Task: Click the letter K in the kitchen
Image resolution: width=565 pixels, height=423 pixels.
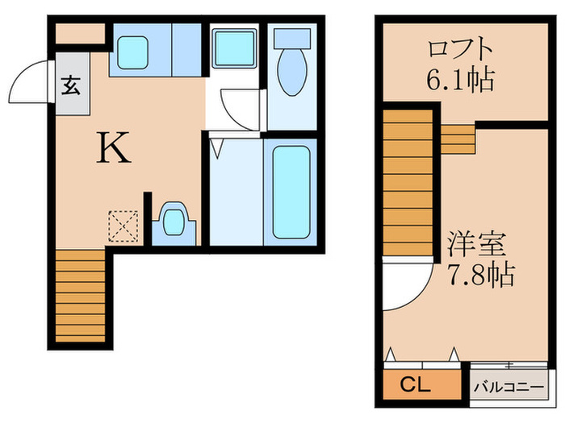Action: (115, 147)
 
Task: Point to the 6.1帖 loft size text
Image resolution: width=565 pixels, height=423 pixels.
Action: (460, 81)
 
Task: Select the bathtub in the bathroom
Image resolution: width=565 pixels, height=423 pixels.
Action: (291, 191)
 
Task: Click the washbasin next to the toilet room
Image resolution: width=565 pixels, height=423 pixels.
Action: (233, 50)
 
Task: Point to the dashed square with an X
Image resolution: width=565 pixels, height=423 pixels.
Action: (123, 226)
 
